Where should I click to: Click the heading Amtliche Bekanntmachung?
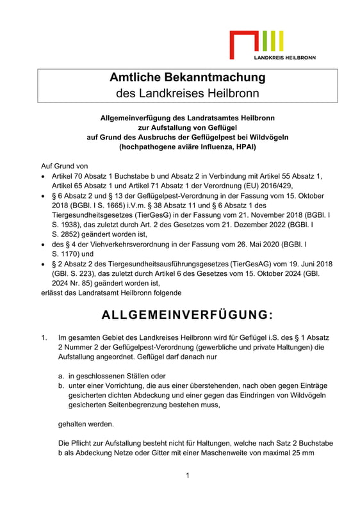[187, 77]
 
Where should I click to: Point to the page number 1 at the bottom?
[187, 475]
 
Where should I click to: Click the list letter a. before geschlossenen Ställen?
[61, 376]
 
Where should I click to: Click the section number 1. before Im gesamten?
[44, 337]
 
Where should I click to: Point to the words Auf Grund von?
[64, 165]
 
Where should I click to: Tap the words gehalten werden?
[86, 423]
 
